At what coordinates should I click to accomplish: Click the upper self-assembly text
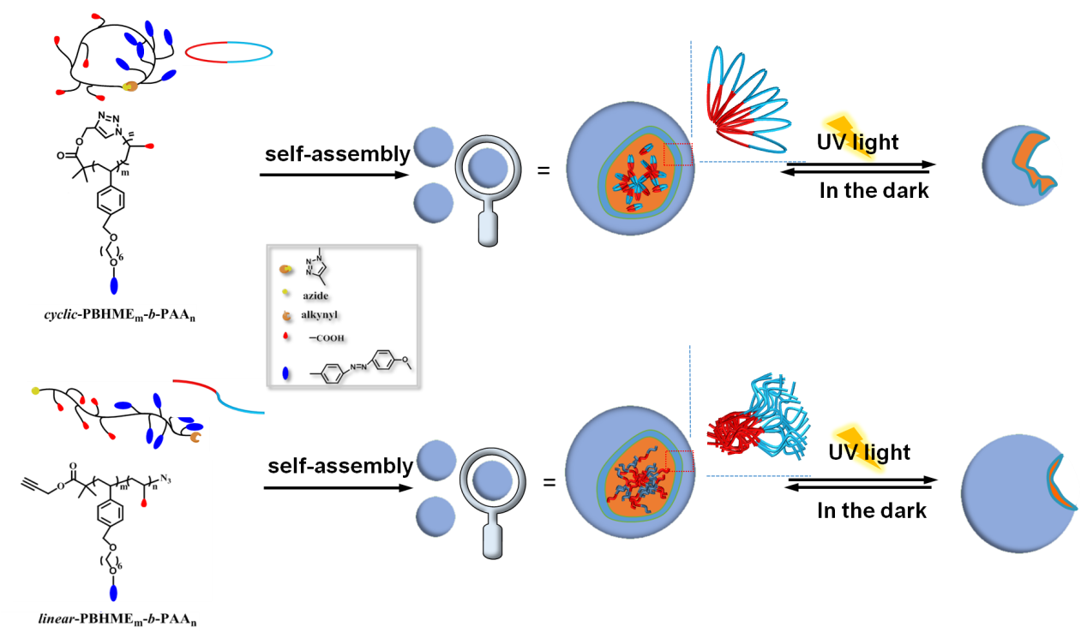point(337,154)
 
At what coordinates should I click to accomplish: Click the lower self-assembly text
point(340,467)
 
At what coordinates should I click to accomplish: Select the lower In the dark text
point(872,511)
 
